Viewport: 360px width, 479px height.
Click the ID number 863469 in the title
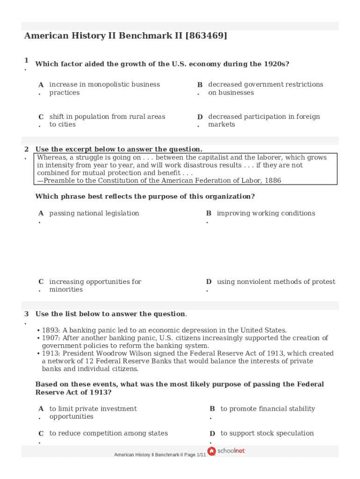[x=207, y=36]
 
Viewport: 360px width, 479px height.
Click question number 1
[x=27, y=60]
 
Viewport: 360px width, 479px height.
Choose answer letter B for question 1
[x=200, y=85]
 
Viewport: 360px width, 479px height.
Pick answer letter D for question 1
[x=200, y=117]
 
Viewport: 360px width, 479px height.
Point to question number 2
[x=27, y=149]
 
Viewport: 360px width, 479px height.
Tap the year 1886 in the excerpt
[x=273, y=181]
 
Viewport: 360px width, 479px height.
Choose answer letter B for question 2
[x=209, y=213]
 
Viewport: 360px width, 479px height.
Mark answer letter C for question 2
[x=41, y=282]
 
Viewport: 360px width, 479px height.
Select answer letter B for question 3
[x=212, y=409]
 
